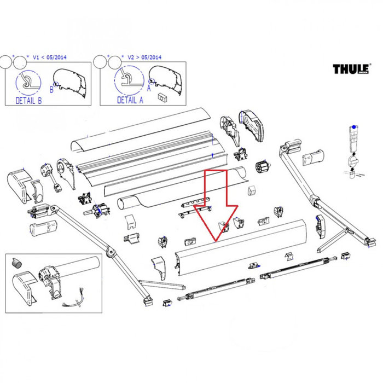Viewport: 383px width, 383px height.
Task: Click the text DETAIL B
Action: (25, 100)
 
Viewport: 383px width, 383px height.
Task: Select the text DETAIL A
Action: (130, 100)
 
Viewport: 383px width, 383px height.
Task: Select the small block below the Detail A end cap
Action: (161, 97)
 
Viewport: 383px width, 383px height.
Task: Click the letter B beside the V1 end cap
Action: (51, 87)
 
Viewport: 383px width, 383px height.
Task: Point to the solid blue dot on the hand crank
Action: (354, 127)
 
